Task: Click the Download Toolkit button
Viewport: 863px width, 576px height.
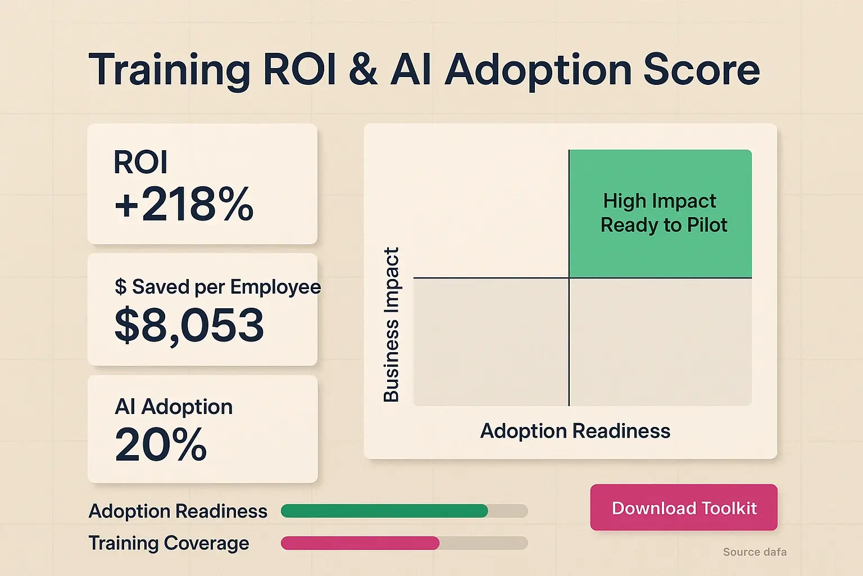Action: [684, 507]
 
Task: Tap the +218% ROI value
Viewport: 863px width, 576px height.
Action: [184, 205]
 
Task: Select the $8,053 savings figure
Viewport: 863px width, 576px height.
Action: [189, 326]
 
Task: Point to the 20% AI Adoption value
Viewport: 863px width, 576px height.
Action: [161, 445]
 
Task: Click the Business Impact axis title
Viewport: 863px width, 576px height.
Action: [391, 325]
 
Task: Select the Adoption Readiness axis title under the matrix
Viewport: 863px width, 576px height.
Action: [575, 431]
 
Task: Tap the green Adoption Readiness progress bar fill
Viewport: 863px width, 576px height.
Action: [384, 511]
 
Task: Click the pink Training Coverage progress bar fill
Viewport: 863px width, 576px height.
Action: [360, 543]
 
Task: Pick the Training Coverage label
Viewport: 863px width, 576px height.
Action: [169, 543]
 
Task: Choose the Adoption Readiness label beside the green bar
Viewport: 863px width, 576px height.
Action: [178, 511]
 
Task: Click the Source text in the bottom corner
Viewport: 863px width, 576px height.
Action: [755, 552]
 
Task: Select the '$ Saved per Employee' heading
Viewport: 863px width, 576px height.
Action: [217, 287]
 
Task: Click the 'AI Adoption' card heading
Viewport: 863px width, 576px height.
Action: [174, 407]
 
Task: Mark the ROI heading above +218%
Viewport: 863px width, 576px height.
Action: [140, 163]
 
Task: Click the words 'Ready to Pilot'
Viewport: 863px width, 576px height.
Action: [664, 225]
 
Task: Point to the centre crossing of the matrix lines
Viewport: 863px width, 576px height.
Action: [569, 278]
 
